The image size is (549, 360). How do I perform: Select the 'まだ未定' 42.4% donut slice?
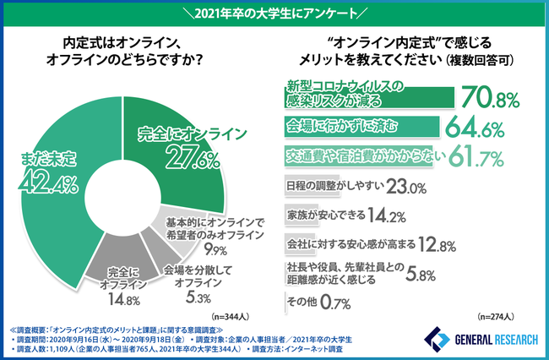pos(55,169)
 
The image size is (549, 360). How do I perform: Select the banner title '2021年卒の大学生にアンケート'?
pos(274,13)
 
